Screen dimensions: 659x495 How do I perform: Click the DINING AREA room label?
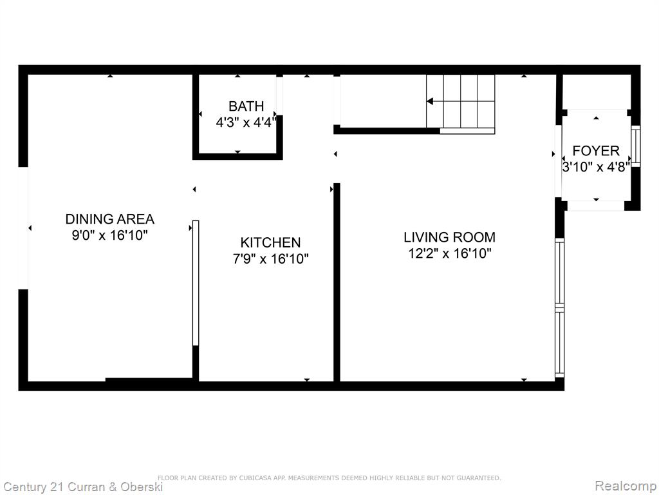point(109,219)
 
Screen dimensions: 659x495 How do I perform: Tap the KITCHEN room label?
point(271,242)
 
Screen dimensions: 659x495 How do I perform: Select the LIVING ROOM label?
point(450,237)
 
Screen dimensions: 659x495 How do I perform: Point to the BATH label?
point(246,106)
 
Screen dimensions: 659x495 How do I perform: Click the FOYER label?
point(596,151)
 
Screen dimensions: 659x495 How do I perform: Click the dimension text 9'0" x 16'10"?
point(110,235)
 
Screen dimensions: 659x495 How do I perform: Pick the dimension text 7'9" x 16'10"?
point(271,258)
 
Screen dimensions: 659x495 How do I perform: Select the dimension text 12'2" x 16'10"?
point(450,253)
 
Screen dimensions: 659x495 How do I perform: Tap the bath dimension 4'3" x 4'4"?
point(246,122)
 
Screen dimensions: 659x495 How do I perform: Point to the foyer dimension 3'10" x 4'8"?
point(596,167)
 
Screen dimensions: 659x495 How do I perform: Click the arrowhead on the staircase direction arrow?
point(429,101)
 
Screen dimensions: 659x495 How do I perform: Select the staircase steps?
point(461,101)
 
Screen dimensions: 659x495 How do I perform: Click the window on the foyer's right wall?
point(636,146)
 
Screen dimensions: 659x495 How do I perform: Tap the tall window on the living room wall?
point(559,307)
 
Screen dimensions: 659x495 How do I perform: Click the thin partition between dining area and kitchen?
point(196,283)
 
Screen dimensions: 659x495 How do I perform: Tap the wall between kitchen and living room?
point(337,282)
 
